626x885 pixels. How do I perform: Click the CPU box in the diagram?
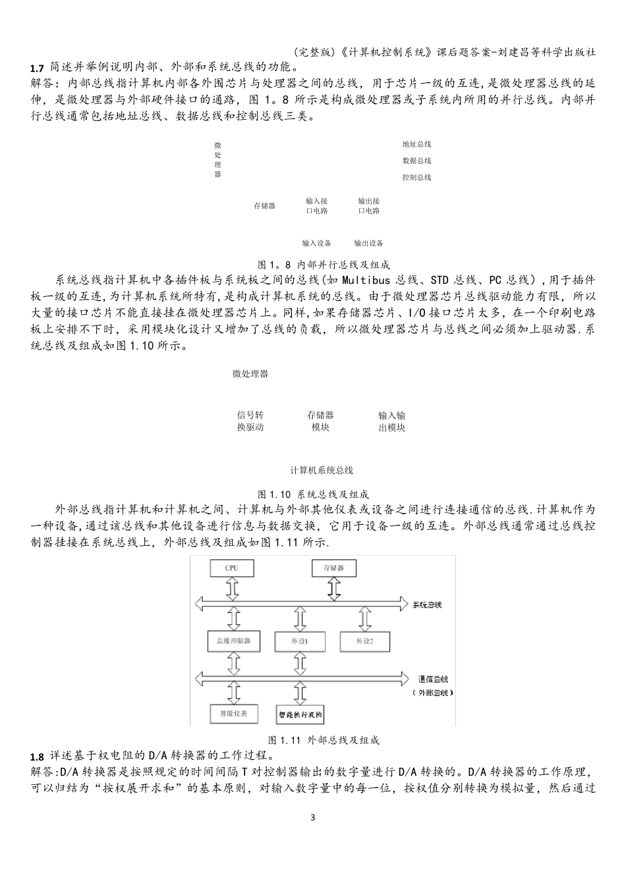click(231, 568)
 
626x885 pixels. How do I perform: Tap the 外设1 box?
click(300, 640)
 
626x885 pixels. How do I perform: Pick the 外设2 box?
click(364, 640)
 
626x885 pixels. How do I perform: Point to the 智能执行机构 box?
click(300, 714)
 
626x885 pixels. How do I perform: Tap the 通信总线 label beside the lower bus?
click(433, 679)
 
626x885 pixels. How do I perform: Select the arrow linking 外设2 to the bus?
click(364, 620)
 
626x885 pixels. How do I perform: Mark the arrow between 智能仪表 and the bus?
click(231, 693)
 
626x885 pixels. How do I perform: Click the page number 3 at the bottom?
click(313, 818)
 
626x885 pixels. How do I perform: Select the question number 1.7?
click(37, 68)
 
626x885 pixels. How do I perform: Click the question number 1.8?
click(37, 755)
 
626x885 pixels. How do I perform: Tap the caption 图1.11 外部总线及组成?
click(324, 740)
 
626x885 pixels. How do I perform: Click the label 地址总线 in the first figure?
click(416, 144)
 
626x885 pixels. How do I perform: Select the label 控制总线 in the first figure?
click(416, 177)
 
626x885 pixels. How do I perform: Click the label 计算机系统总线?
click(322, 470)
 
